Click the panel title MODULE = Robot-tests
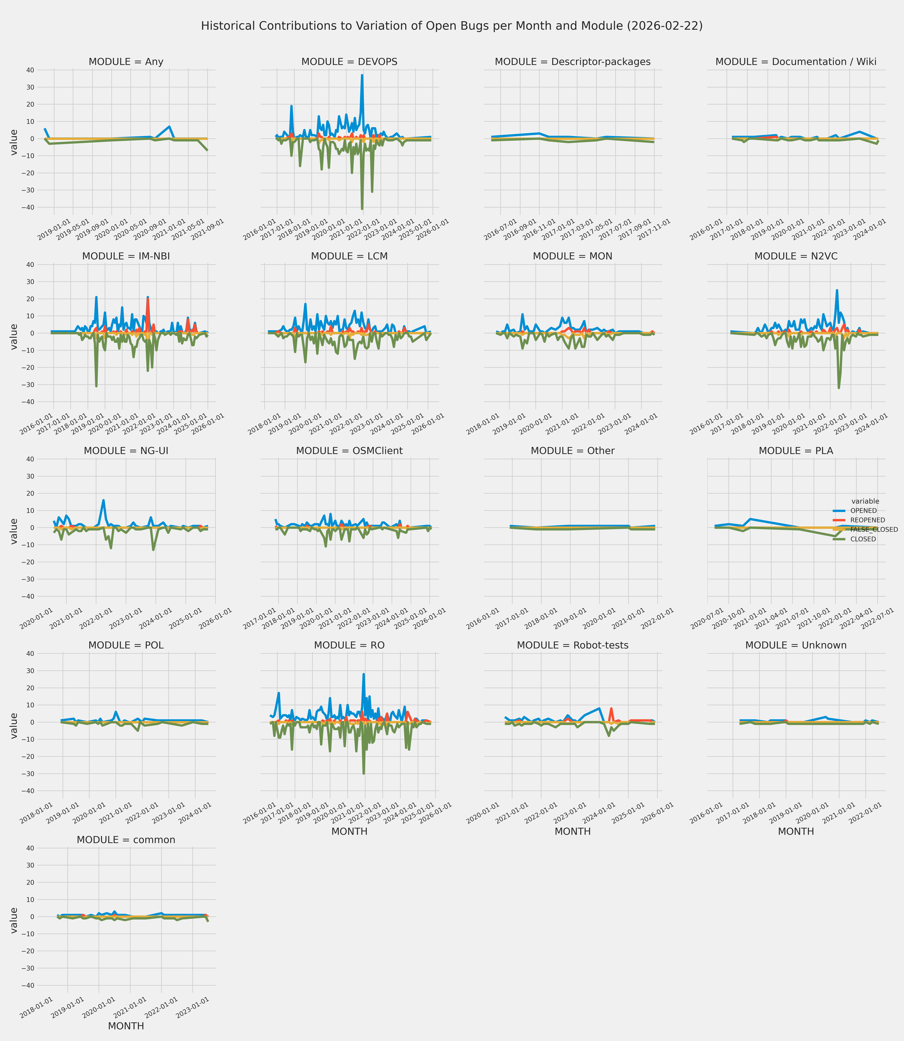573,645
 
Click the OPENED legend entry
863,511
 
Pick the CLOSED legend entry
863,539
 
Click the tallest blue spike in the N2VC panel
837,290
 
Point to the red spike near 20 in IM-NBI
148,299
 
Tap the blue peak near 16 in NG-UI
103,501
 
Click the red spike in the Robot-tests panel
611,709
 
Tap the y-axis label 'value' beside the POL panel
14,726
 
